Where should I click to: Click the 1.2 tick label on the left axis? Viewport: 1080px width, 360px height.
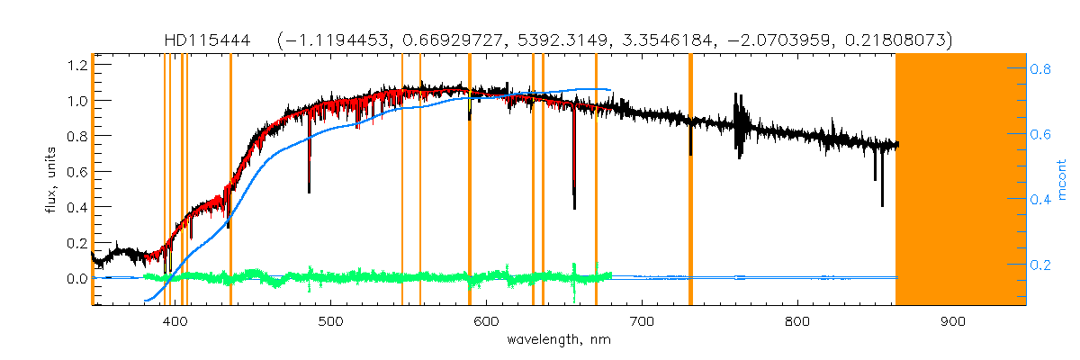click(77, 66)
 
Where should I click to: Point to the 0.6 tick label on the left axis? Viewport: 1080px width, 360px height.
click(77, 172)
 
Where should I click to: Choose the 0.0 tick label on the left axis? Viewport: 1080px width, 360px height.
click(77, 279)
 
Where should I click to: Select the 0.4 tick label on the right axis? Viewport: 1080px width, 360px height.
click(1041, 200)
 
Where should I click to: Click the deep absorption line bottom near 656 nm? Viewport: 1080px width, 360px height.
click(574, 207)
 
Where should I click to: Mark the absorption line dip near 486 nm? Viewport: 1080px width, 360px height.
click(309, 191)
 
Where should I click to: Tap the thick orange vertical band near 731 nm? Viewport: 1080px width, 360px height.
click(690, 180)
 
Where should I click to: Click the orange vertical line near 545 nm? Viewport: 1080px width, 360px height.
click(401, 180)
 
